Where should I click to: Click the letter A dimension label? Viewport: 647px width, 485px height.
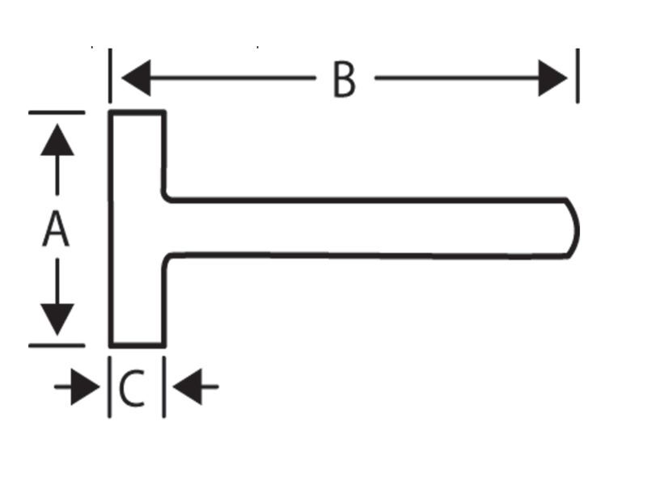(56, 229)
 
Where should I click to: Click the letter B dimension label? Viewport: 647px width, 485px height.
(345, 79)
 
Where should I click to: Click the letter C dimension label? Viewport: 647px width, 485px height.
(132, 388)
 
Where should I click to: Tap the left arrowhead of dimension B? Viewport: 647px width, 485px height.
(136, 78)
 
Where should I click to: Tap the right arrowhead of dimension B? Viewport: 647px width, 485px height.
(553, 78)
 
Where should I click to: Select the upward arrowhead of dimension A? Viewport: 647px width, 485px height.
(57, 139)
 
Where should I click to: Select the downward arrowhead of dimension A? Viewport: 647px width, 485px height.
(57, 319)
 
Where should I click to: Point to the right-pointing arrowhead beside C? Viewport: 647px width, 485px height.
(86, 387)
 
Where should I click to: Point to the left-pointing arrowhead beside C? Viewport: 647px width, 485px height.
(187, 387)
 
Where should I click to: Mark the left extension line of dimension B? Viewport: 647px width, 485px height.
(110, 75)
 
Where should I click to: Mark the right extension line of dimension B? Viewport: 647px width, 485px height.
(577, 75)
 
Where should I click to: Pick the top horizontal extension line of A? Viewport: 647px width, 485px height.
(57, 112)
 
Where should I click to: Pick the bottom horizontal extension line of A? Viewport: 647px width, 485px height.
(57, 346)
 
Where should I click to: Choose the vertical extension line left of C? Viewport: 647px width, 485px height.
(109, 387)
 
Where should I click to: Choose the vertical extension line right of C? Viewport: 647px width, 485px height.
(164, 387)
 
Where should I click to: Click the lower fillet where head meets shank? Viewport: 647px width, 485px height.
(166, 257)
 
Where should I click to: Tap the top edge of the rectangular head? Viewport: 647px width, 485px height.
(137, 112)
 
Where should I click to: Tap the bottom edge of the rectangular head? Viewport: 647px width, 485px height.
(137, 345)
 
